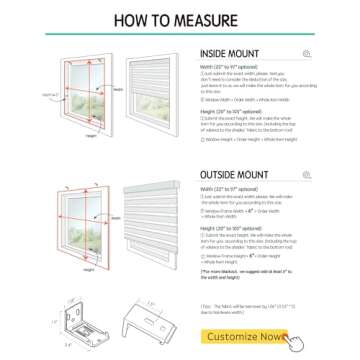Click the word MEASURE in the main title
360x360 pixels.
click(204, 20)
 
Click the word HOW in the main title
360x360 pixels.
click(131, 20)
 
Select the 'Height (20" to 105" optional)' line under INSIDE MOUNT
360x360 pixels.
click(232, 113)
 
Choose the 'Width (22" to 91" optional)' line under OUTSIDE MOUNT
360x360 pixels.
click(233, 188)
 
